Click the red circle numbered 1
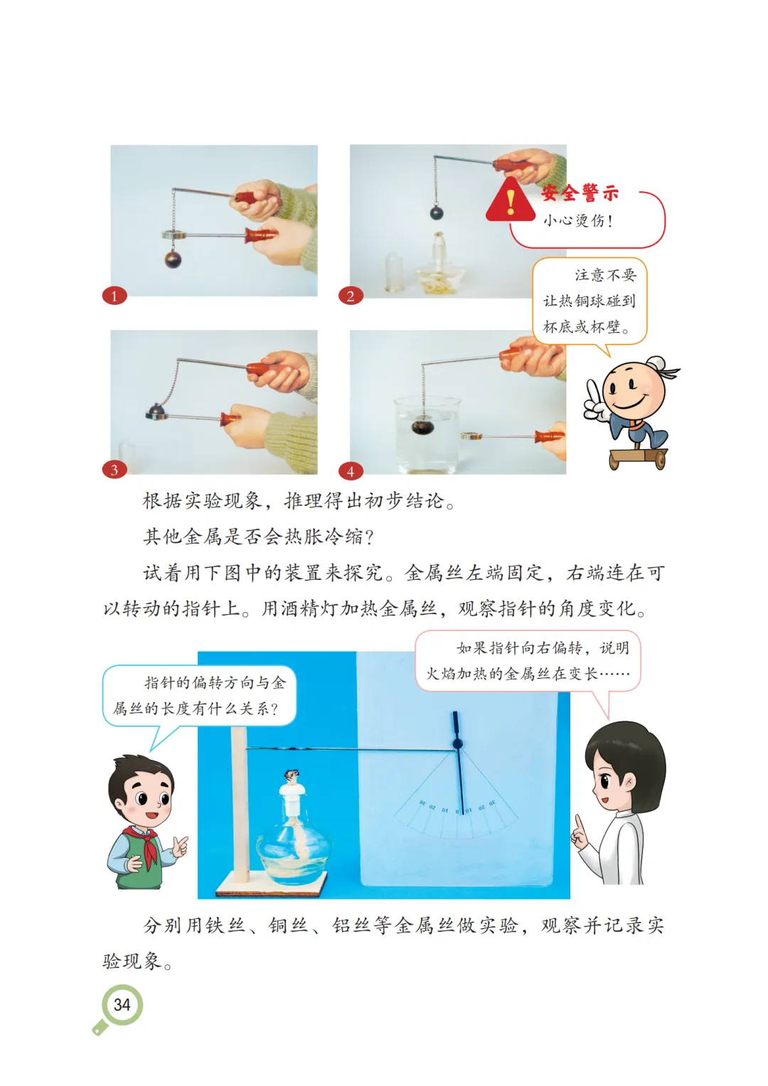114,296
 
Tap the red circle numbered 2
351,296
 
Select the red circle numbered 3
114,470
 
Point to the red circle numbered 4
351,471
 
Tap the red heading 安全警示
580,193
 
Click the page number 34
122,1004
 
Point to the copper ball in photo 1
173,259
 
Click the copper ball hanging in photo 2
436,213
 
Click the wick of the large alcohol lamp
292,776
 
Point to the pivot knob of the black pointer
457,743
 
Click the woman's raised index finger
577,824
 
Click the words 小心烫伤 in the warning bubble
572,221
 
